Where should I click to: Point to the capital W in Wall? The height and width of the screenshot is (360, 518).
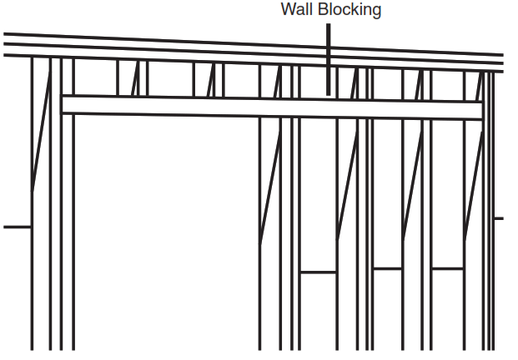point(288,11)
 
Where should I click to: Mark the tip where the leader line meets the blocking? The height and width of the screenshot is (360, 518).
point(329,95)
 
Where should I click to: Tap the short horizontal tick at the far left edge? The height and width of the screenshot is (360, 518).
point(17,227)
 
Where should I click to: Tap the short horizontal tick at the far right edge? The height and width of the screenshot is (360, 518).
point(499,218)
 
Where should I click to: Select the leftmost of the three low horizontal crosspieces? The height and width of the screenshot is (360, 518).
point(318,272)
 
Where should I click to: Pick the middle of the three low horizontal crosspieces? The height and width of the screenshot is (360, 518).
point(388,268)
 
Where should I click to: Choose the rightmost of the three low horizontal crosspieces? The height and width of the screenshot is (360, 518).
point(447,268)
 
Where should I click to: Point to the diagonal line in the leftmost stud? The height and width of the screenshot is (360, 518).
point(41,133)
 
